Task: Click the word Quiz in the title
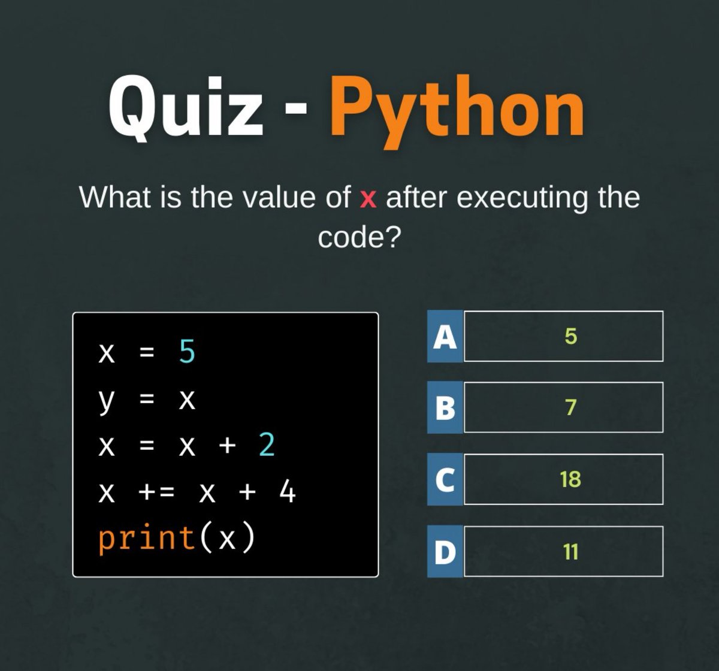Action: click(186, 108)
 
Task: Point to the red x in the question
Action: click(368, 198)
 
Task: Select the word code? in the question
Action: click(359, 238)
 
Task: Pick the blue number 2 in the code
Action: click(267, 446)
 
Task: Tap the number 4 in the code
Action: click(288, 494)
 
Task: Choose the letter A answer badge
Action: click(445, 337)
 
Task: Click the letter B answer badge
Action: click(445, 408)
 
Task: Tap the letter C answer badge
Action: click(445, 480)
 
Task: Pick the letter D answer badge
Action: click(445, 552)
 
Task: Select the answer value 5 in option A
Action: click(570, 337)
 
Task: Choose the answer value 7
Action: click(570, 408)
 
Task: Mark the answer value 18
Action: click(570, 480)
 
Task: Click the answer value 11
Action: click(570, 552)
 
